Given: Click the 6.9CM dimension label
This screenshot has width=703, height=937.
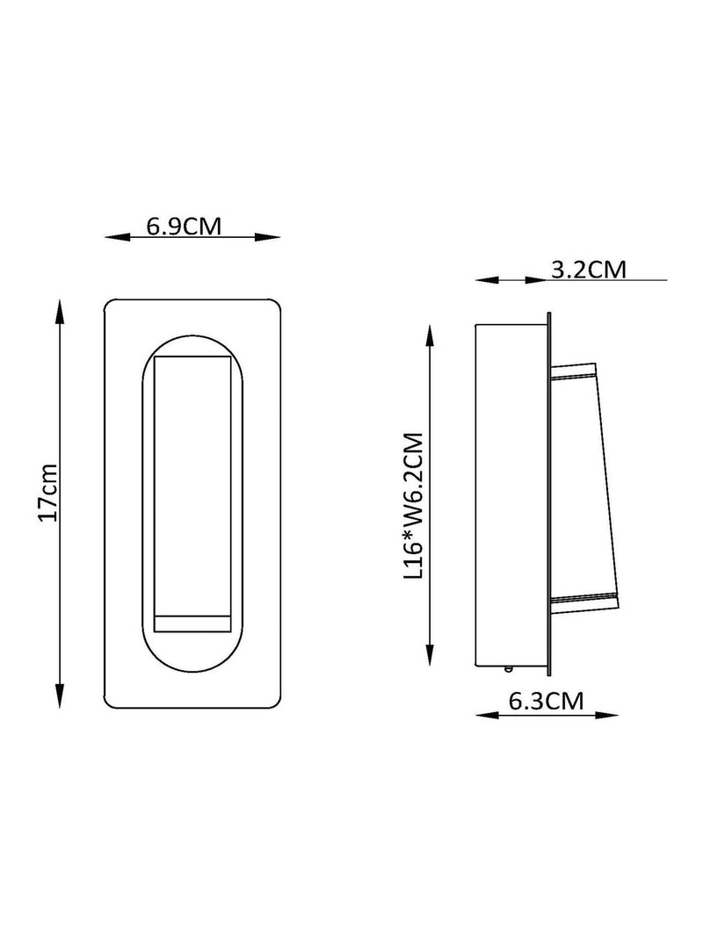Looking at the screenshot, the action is (x=185, y=227).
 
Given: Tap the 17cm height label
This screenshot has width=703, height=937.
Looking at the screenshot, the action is (x=47, y=493).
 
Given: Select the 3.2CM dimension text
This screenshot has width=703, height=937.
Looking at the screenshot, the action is (x=589, y=270).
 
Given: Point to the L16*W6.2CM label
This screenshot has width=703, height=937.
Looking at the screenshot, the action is (x=413, y=506).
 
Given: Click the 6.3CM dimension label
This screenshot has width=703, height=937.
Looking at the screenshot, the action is (x=547, y=701).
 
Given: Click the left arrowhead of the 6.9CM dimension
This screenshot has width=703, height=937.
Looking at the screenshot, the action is (x=117, y=237).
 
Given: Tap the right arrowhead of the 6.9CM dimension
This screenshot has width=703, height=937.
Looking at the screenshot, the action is (x=268, y=237).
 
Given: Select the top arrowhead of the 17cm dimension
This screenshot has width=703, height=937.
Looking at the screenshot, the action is (x=59, y=313).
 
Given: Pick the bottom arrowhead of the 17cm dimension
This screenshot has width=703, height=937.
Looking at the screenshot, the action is (x=59, y=695).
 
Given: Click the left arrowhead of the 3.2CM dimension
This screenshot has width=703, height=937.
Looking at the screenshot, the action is (x=487, y=279).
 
